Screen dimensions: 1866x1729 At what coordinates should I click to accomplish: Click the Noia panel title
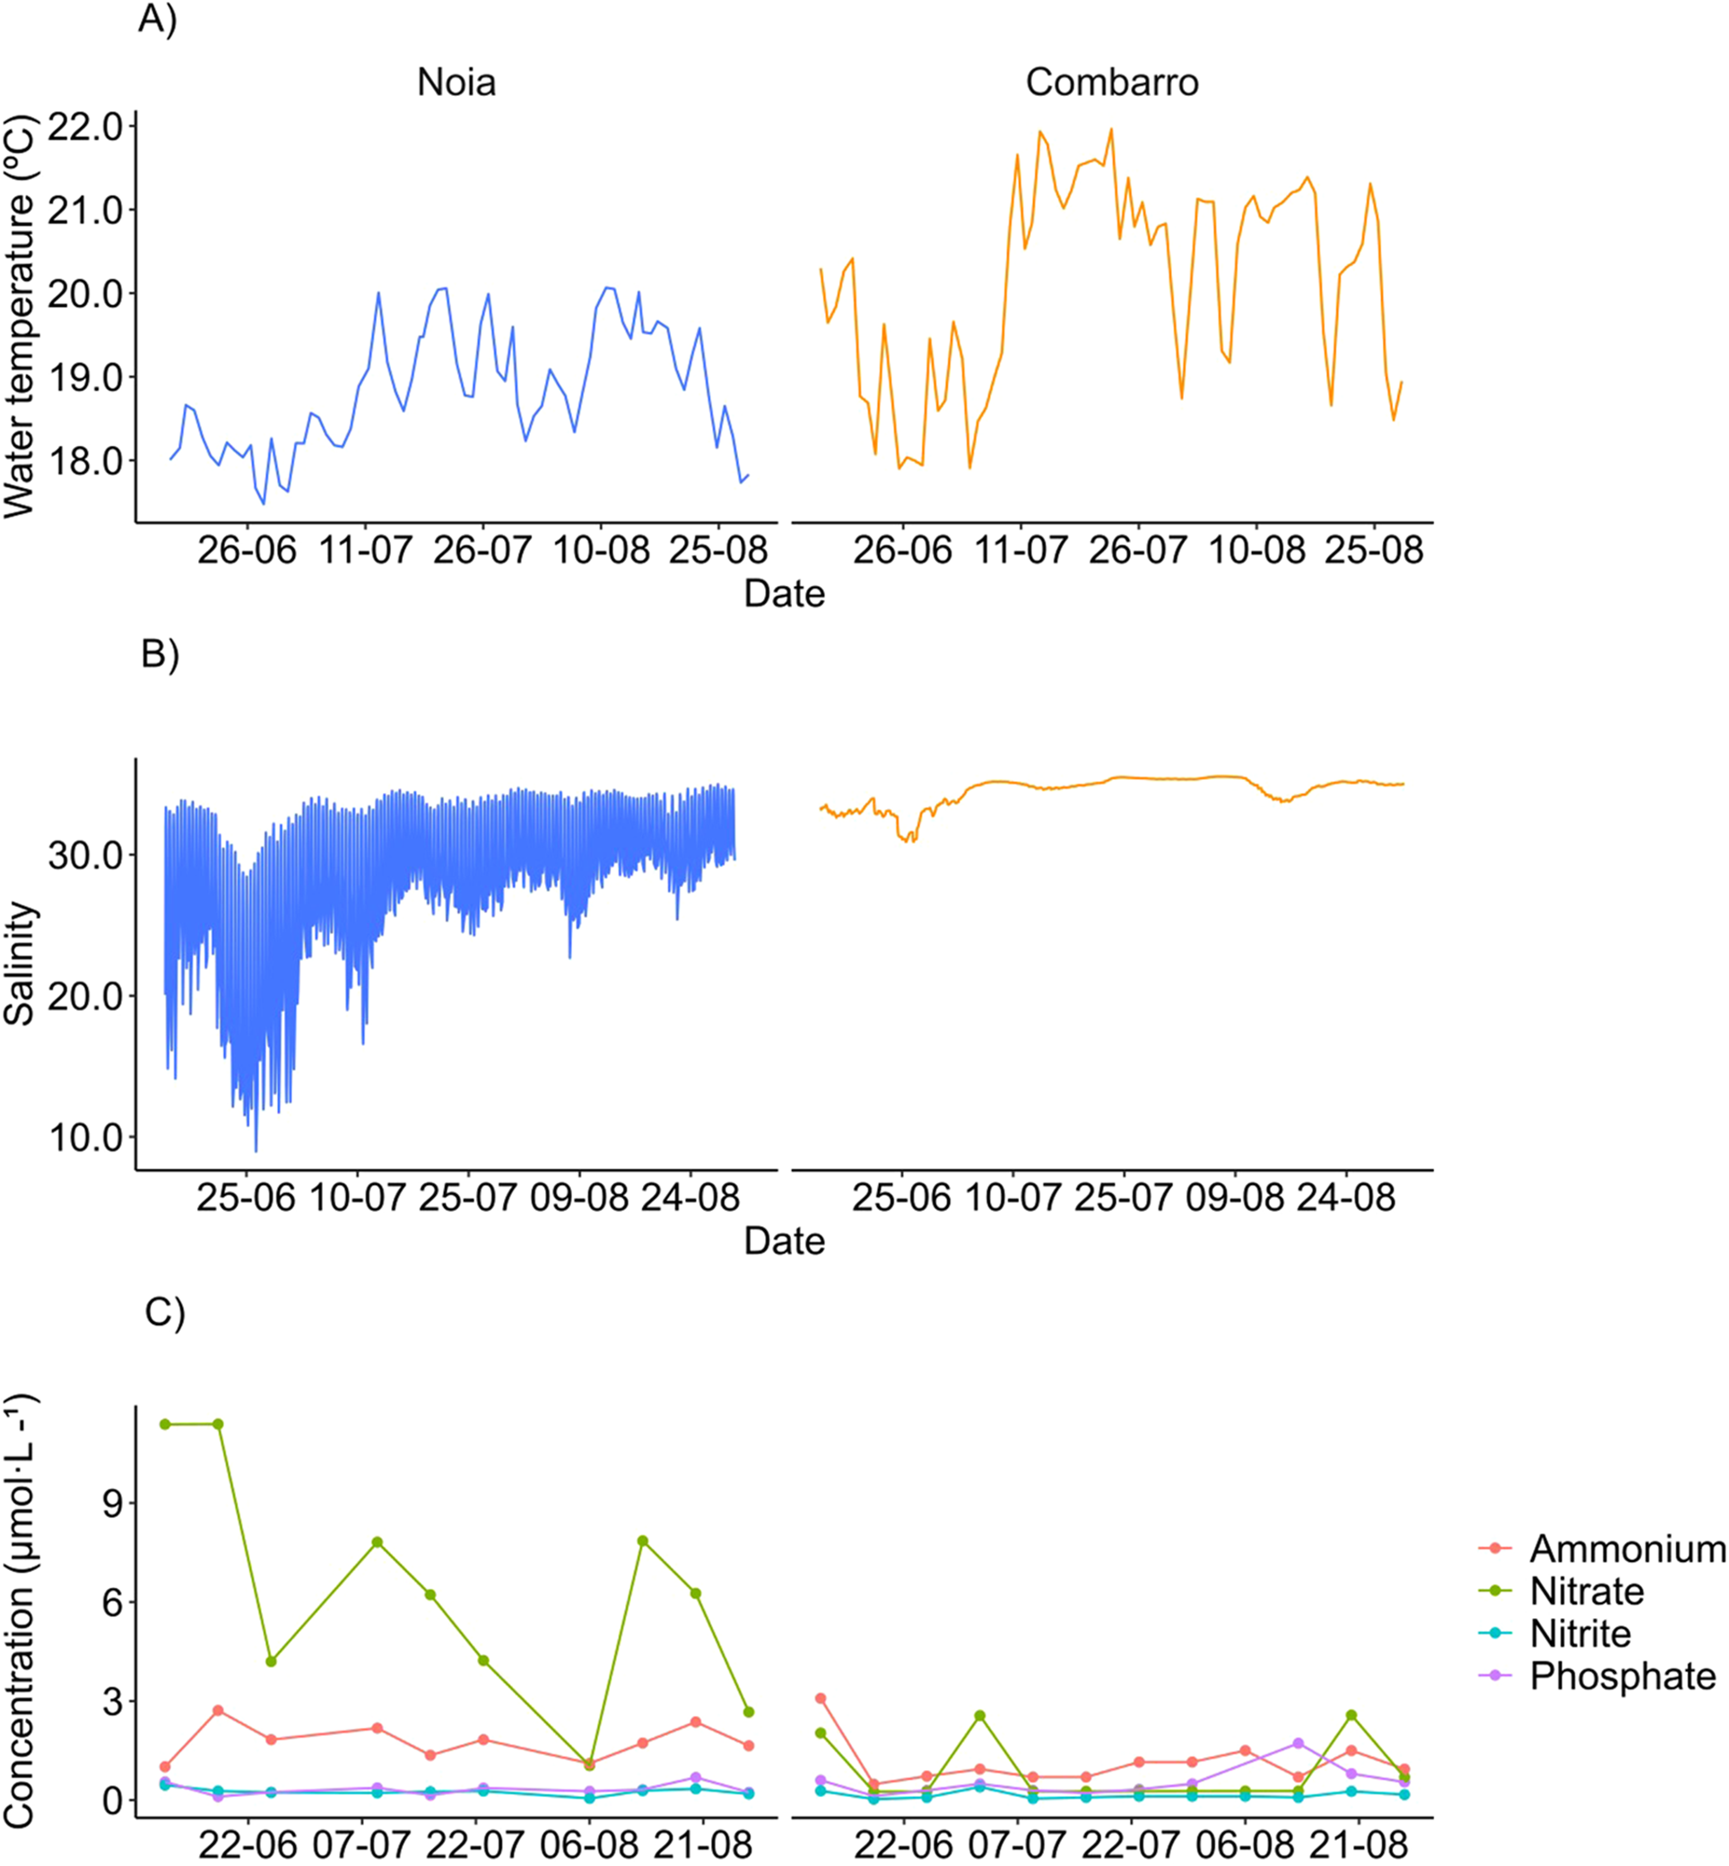point(456,83)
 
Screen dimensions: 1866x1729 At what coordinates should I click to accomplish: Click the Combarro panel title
point(1111,83)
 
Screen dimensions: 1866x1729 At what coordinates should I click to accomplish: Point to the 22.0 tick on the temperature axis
point(86,126)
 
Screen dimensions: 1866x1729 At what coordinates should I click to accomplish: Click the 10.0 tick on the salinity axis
point(86,1138)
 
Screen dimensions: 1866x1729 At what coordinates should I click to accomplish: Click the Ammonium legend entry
point(1626,1548)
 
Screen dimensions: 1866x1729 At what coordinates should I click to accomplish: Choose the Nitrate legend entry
point(1586,1591)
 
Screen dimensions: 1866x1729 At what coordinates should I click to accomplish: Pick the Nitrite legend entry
point(1580,1633)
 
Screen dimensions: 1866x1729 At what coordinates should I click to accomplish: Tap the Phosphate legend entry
point(1622,1675)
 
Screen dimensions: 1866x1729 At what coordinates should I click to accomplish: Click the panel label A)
point(157,18)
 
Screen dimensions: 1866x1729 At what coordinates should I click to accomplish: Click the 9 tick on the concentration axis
point(112,1503)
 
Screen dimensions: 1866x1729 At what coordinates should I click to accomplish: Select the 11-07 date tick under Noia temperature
point(365,549)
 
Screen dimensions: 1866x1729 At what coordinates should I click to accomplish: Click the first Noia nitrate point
point(166,1425)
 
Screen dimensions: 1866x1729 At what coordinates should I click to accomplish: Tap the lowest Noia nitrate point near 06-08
point(589,1765)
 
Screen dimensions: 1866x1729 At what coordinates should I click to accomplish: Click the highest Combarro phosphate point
point(1298,1743)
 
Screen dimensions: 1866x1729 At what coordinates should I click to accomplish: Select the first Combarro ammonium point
point(821,1698)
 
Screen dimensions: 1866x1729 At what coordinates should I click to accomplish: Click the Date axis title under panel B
point(784,1241)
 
